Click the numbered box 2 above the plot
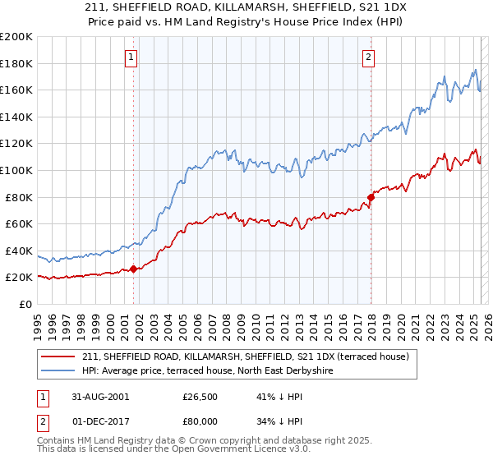tap(368, 57)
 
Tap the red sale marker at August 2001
tap(133, 269)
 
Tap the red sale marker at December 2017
tap(371, 197)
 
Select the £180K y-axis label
tap(16, 63)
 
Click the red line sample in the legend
tap(59, 356)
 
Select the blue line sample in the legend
tap(59, 370)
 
